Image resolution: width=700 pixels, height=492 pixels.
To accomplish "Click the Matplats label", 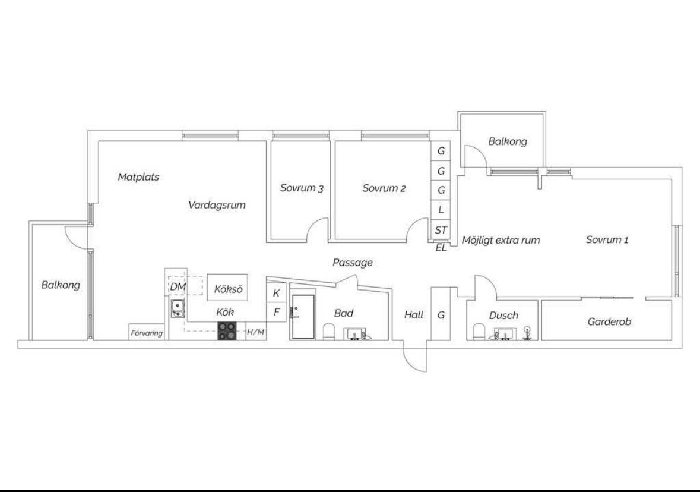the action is (138, 177).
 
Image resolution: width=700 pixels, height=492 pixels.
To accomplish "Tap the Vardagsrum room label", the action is (217, 205).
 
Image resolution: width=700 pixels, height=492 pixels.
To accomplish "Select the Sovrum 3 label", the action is (302, 188).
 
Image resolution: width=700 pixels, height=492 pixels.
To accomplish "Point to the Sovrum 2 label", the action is (384, 188).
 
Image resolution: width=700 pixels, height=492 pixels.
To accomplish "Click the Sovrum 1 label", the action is (607, 239).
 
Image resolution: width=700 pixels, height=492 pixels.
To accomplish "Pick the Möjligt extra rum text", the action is (501, 240).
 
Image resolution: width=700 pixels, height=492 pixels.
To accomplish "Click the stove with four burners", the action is (227, 331).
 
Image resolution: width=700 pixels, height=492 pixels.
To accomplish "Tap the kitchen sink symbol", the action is (178, 308).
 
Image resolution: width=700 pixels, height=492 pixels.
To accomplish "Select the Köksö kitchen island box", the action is (227, 288).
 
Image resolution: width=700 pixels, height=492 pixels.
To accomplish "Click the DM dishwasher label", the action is (178, 287).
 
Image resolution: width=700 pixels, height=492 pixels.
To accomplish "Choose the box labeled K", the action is (276, 293).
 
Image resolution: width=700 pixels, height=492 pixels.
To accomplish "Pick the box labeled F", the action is (276, 312).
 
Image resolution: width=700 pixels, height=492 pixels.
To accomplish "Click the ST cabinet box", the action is (441, 230).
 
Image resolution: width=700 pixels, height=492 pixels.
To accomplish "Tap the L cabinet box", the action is (441, 210).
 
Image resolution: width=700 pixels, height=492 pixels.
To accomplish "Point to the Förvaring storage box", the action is (147, 332).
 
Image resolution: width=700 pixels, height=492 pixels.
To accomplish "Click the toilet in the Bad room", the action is (329, 332).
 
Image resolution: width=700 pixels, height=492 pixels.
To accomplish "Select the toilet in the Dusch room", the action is (479, 332).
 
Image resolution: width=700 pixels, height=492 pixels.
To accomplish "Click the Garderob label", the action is (609, 321).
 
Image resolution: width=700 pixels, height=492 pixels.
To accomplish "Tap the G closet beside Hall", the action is (441, 314).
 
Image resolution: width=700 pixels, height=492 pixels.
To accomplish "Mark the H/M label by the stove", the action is (256, 332).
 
